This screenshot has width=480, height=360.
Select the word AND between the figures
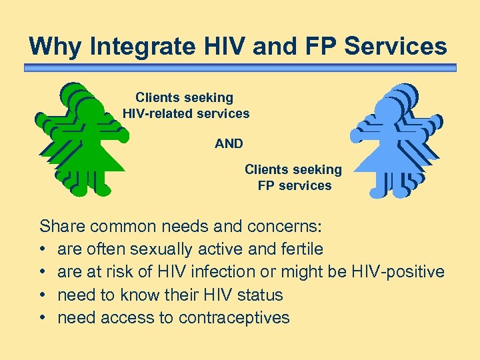(x=229, y=143)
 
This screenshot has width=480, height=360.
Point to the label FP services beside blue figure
(x=294, y=185)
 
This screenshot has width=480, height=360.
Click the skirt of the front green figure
(x=93, y=157)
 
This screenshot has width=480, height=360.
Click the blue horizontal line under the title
(x=240, y=67)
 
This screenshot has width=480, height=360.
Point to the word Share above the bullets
(x=62, y=227)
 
